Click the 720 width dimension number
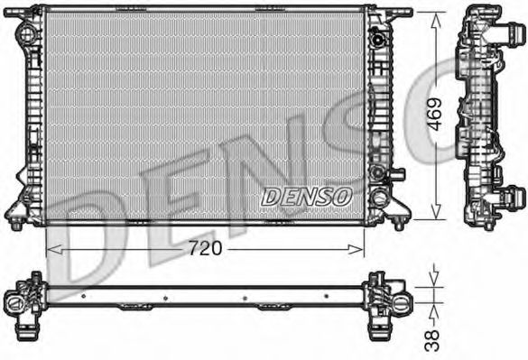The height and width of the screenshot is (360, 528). (205, 246)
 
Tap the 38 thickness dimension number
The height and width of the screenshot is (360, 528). (432, 338)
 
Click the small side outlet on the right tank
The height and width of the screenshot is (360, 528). (398, 173)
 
